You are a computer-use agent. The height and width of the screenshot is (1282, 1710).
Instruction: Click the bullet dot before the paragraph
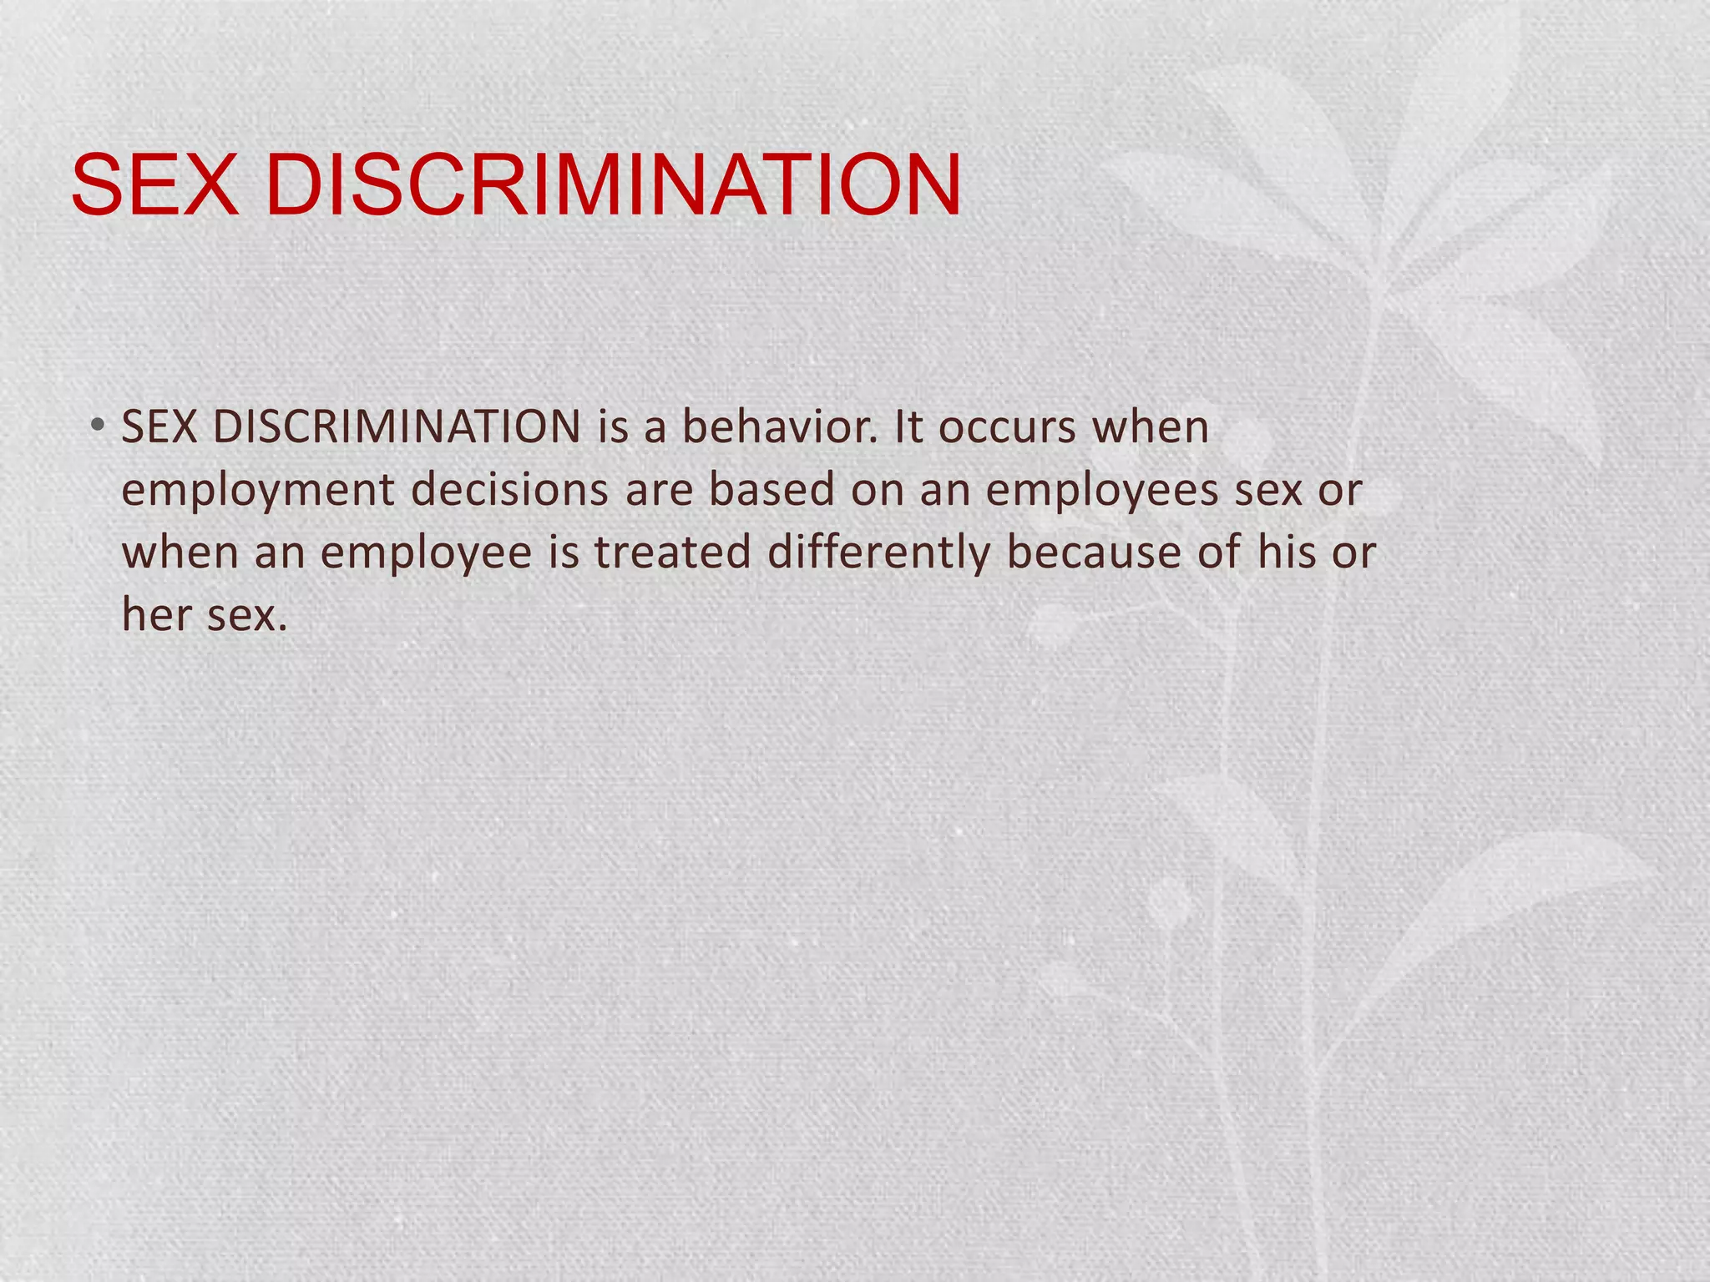coord(99,426)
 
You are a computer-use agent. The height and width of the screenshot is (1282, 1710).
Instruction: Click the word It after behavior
coord(908,427)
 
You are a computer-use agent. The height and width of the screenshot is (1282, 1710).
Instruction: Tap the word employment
coord(258,490)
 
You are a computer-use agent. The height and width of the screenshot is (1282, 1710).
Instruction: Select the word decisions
coord(510,490)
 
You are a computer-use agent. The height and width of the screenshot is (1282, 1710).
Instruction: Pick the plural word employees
coord(1102,490)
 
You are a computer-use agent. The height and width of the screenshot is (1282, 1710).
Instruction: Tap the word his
coord(1287,553)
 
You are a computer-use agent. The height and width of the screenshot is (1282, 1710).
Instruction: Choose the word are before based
coord(660,490)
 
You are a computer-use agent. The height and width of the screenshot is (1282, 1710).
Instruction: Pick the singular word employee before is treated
coord(426,553)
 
